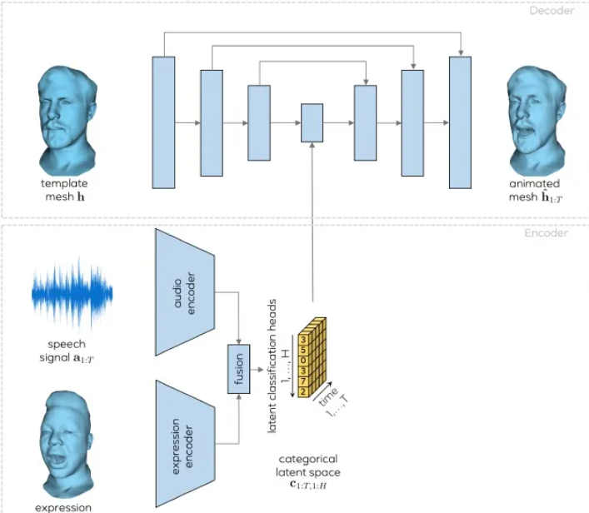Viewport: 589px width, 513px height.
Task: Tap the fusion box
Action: point(239,371)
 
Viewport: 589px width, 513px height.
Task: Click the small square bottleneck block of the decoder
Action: point(312,123)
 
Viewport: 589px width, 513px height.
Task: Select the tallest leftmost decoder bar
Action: point(163,122)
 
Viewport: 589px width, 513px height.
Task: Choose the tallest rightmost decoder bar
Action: point(460,122)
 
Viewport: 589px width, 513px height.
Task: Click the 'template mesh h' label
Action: point(64,191)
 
